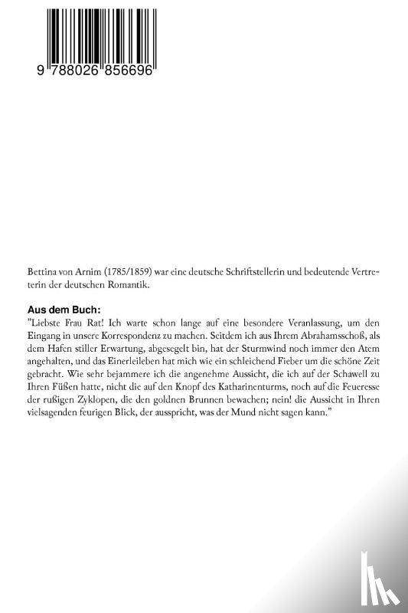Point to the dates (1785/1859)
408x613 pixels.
click(123, 271)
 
